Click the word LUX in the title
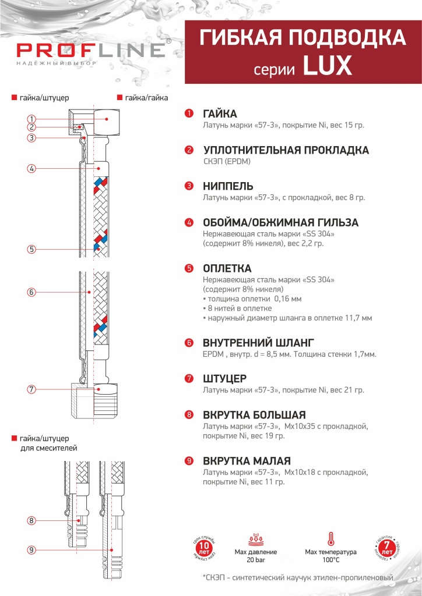327,66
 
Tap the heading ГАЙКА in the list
220,113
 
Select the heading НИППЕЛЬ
228,186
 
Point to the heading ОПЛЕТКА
227,268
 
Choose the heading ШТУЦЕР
224,378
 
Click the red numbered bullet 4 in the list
189,223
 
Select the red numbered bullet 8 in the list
189,415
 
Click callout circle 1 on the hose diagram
31,119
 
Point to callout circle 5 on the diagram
31,249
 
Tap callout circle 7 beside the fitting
31,389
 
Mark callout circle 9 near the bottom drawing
31,549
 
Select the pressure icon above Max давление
256,538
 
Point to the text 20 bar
256,560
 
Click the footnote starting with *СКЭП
298,578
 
